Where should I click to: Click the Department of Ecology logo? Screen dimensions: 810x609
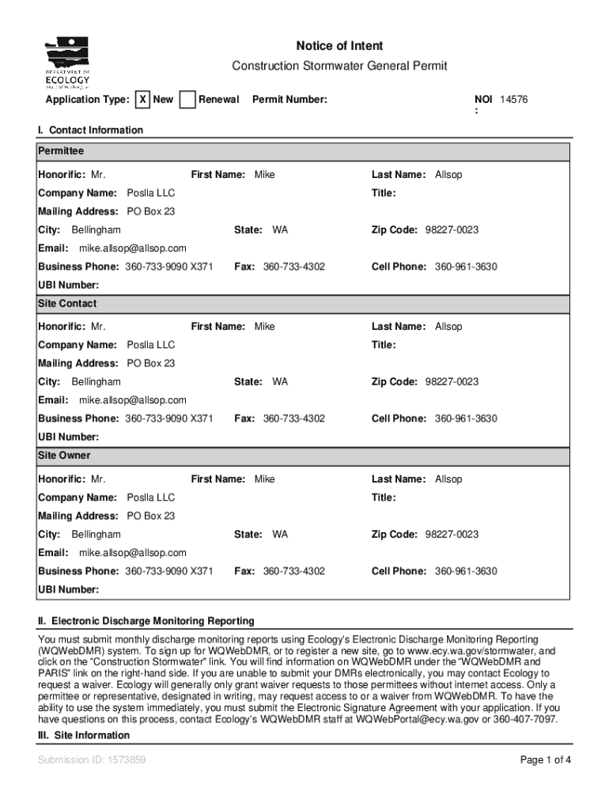pos(67,62)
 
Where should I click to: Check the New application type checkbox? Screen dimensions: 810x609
pos(142,100)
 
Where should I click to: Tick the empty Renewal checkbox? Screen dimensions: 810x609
pos(187,100)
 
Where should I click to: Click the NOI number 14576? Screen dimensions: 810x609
pos(513,100)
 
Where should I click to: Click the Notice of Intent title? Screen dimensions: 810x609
pos(339,46)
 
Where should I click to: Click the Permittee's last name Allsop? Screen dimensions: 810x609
pos(448,174)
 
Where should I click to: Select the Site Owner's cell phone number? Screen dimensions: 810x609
pos(466,571)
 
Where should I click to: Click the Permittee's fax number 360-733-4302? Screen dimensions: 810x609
pos(293,267)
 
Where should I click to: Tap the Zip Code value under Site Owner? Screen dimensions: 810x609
pos(452,535)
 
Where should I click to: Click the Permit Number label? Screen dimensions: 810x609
pos(289,100)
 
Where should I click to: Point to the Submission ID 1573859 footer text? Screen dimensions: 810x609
pos(92,761)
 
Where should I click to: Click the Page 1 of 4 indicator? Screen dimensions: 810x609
pos(545,761)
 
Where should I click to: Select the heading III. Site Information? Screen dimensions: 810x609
pos(84,736)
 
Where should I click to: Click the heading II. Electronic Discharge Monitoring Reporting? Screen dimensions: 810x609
pos(146,621)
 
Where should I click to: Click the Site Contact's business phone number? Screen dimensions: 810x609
pos(168,418)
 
